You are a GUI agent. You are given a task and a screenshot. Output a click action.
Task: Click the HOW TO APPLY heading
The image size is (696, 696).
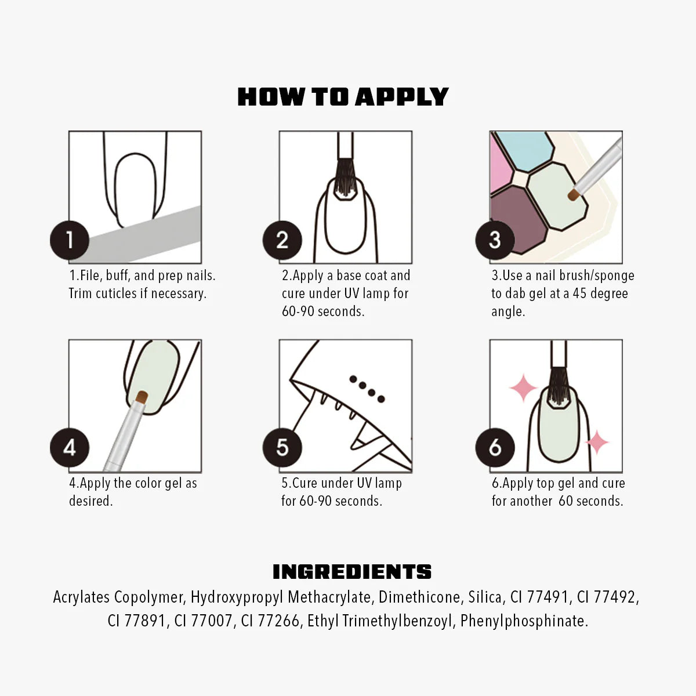point(343,97)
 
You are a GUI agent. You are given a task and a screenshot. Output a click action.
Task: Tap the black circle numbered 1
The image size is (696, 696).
point(69,240)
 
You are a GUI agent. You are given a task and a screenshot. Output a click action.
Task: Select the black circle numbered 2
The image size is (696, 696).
point(282,240)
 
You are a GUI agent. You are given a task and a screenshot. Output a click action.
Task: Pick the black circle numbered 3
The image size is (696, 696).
point(494,240)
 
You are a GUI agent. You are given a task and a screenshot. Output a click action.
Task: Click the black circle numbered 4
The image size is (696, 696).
point(69,448)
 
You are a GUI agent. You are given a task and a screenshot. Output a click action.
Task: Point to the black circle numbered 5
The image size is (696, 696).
point(282,448)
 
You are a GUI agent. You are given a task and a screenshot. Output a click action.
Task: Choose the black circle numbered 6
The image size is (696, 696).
point(494,448)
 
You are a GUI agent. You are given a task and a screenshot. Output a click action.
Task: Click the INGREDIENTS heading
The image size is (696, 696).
point(352,572)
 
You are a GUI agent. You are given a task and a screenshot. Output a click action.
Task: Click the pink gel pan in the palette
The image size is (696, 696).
point(500,168)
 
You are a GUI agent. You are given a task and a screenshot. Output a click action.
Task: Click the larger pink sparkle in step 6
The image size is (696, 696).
point(523,388)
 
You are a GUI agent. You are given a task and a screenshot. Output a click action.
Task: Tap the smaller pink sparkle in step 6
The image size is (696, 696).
point(596,443)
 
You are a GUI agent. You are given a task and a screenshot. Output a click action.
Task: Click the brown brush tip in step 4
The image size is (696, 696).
point(141,398)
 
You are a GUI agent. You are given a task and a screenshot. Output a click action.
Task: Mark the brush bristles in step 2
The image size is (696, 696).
point(345,176)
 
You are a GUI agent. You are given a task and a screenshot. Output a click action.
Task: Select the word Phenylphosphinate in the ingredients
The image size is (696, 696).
point(524,621)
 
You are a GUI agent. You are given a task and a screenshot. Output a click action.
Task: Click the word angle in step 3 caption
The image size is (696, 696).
point(508,312)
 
